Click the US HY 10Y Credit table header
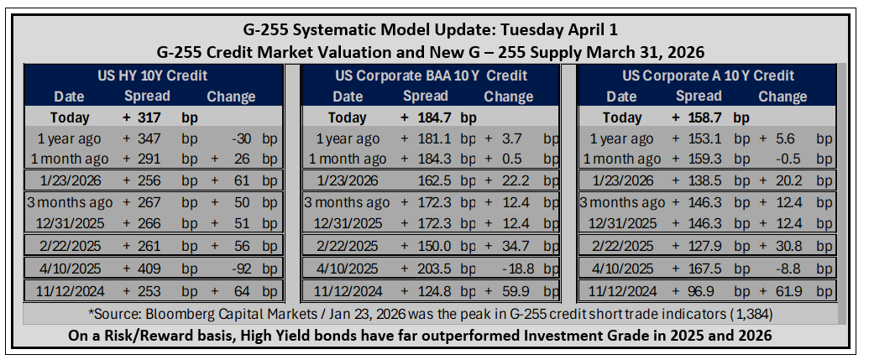point(153,76)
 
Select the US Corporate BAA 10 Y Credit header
point(432,76)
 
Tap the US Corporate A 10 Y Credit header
point(709,76)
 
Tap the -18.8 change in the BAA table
point(519,269)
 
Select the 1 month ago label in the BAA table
point(348,159)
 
